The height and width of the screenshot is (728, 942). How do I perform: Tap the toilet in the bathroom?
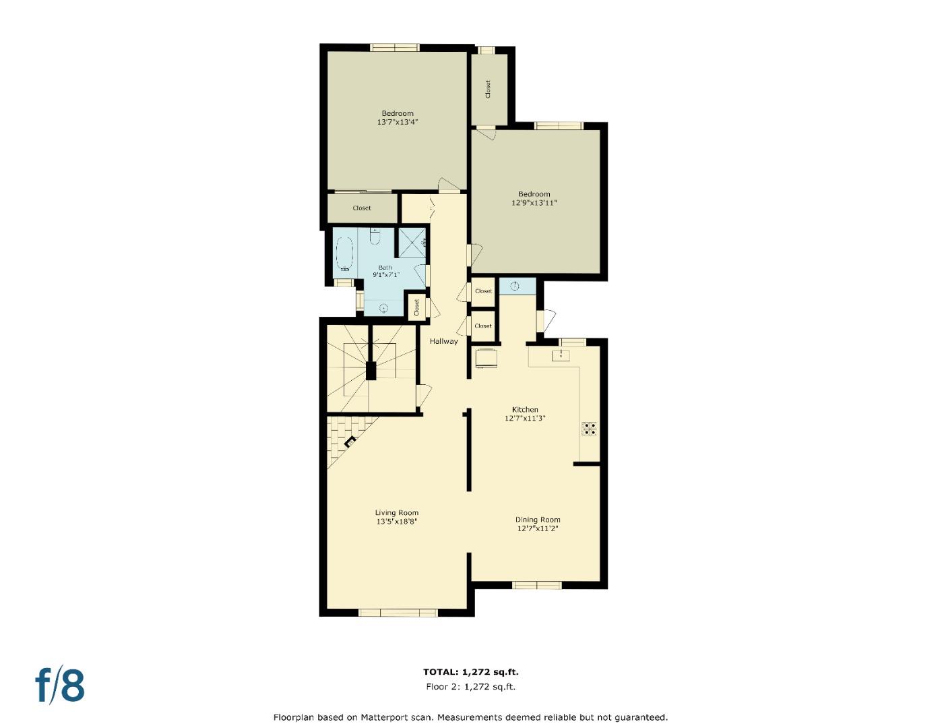click(376, 238)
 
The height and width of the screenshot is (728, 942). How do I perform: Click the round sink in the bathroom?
click(383, 309)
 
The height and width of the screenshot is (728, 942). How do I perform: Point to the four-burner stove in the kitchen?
click(589, 429)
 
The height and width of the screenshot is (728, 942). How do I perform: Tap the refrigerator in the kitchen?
click(486, 359)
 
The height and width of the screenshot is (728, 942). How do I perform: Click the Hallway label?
click(444, 341)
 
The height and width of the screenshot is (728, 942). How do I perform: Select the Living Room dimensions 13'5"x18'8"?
click(397, 521)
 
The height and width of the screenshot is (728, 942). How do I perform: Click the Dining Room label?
click(538, 520)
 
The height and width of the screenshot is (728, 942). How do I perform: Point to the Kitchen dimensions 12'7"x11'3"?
click(525, 418)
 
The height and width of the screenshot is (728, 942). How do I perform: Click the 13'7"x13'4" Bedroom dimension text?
click(398, 123)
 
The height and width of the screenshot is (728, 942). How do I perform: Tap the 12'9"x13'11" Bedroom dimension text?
click(534, 202)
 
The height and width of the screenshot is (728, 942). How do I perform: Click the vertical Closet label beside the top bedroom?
click(488, 89)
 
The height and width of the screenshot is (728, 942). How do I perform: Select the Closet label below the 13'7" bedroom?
click(362, 208)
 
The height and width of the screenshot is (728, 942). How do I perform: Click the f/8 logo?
click(60, 686)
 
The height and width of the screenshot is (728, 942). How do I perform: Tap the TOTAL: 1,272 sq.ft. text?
click(470, 672)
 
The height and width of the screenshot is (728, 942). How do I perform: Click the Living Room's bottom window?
click(398, 613)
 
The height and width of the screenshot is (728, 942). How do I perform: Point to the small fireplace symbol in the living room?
click(350, 442)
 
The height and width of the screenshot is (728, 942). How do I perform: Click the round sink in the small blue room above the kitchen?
click(515, 286)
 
